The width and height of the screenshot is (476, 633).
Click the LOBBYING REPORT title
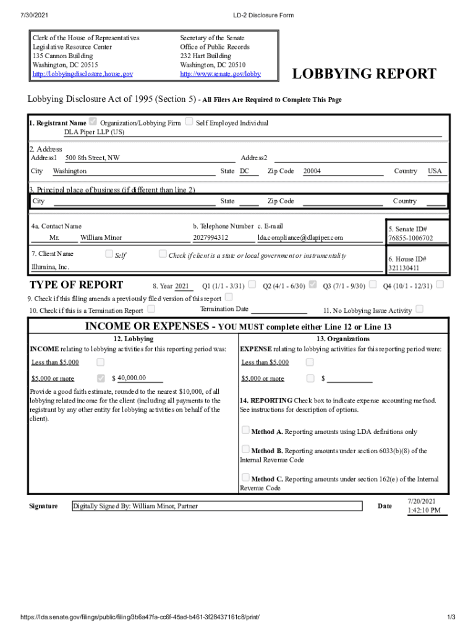click(364, 74)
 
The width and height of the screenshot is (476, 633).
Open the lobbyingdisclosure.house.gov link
click(82, 74)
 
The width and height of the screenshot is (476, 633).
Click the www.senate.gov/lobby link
click(220, 74)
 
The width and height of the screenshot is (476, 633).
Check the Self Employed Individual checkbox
click(189, 122)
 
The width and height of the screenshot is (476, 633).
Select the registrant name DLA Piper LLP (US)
click(94, 132)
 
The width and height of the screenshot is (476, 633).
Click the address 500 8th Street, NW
click(93, 158)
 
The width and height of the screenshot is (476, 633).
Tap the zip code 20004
click(312, 171)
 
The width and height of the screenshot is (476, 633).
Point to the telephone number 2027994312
click(210, 237)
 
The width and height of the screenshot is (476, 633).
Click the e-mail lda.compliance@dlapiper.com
click(300, 237)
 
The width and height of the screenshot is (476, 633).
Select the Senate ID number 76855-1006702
click(410, 238)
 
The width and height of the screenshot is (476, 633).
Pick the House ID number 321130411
click(404, 268)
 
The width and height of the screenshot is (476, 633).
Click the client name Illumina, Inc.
click(51, 267)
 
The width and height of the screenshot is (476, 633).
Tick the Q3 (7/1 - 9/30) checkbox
click(373, 284)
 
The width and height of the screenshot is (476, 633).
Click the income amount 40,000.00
click(131, 378)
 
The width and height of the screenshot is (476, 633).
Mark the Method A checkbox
click(245, 430)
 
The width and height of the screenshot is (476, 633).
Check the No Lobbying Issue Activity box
click(420, 308)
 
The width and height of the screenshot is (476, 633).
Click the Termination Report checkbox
click(151, 308)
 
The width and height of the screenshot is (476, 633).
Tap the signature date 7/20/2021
click(422, 501)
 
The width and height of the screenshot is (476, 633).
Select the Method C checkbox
click(245, 477)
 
